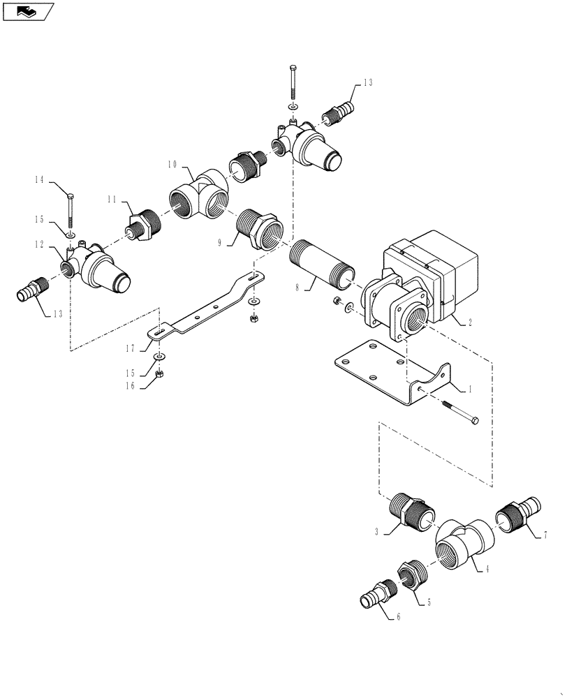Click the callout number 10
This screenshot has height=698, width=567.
(172, 165)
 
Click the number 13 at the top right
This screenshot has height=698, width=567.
(367, 82)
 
